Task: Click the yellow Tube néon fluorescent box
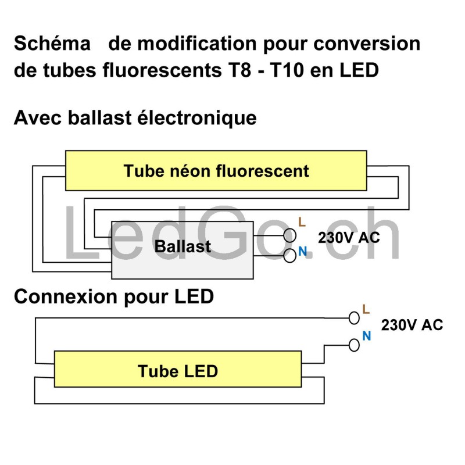(x=216, y=171)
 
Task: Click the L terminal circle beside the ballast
(x=289, y=235)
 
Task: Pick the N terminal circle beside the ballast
(x=289, y=256)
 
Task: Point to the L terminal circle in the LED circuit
(x=354, y=318)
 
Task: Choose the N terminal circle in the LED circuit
(x=354, y=345)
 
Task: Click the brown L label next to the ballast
(x=301, y=221)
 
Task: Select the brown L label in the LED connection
(x=366, y=309)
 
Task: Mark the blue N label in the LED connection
(x=366, y=335)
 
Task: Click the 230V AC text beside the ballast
(x=349, y=238)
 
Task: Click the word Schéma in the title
(x=52, y=44)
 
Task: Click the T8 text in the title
(x=234, y=70)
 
